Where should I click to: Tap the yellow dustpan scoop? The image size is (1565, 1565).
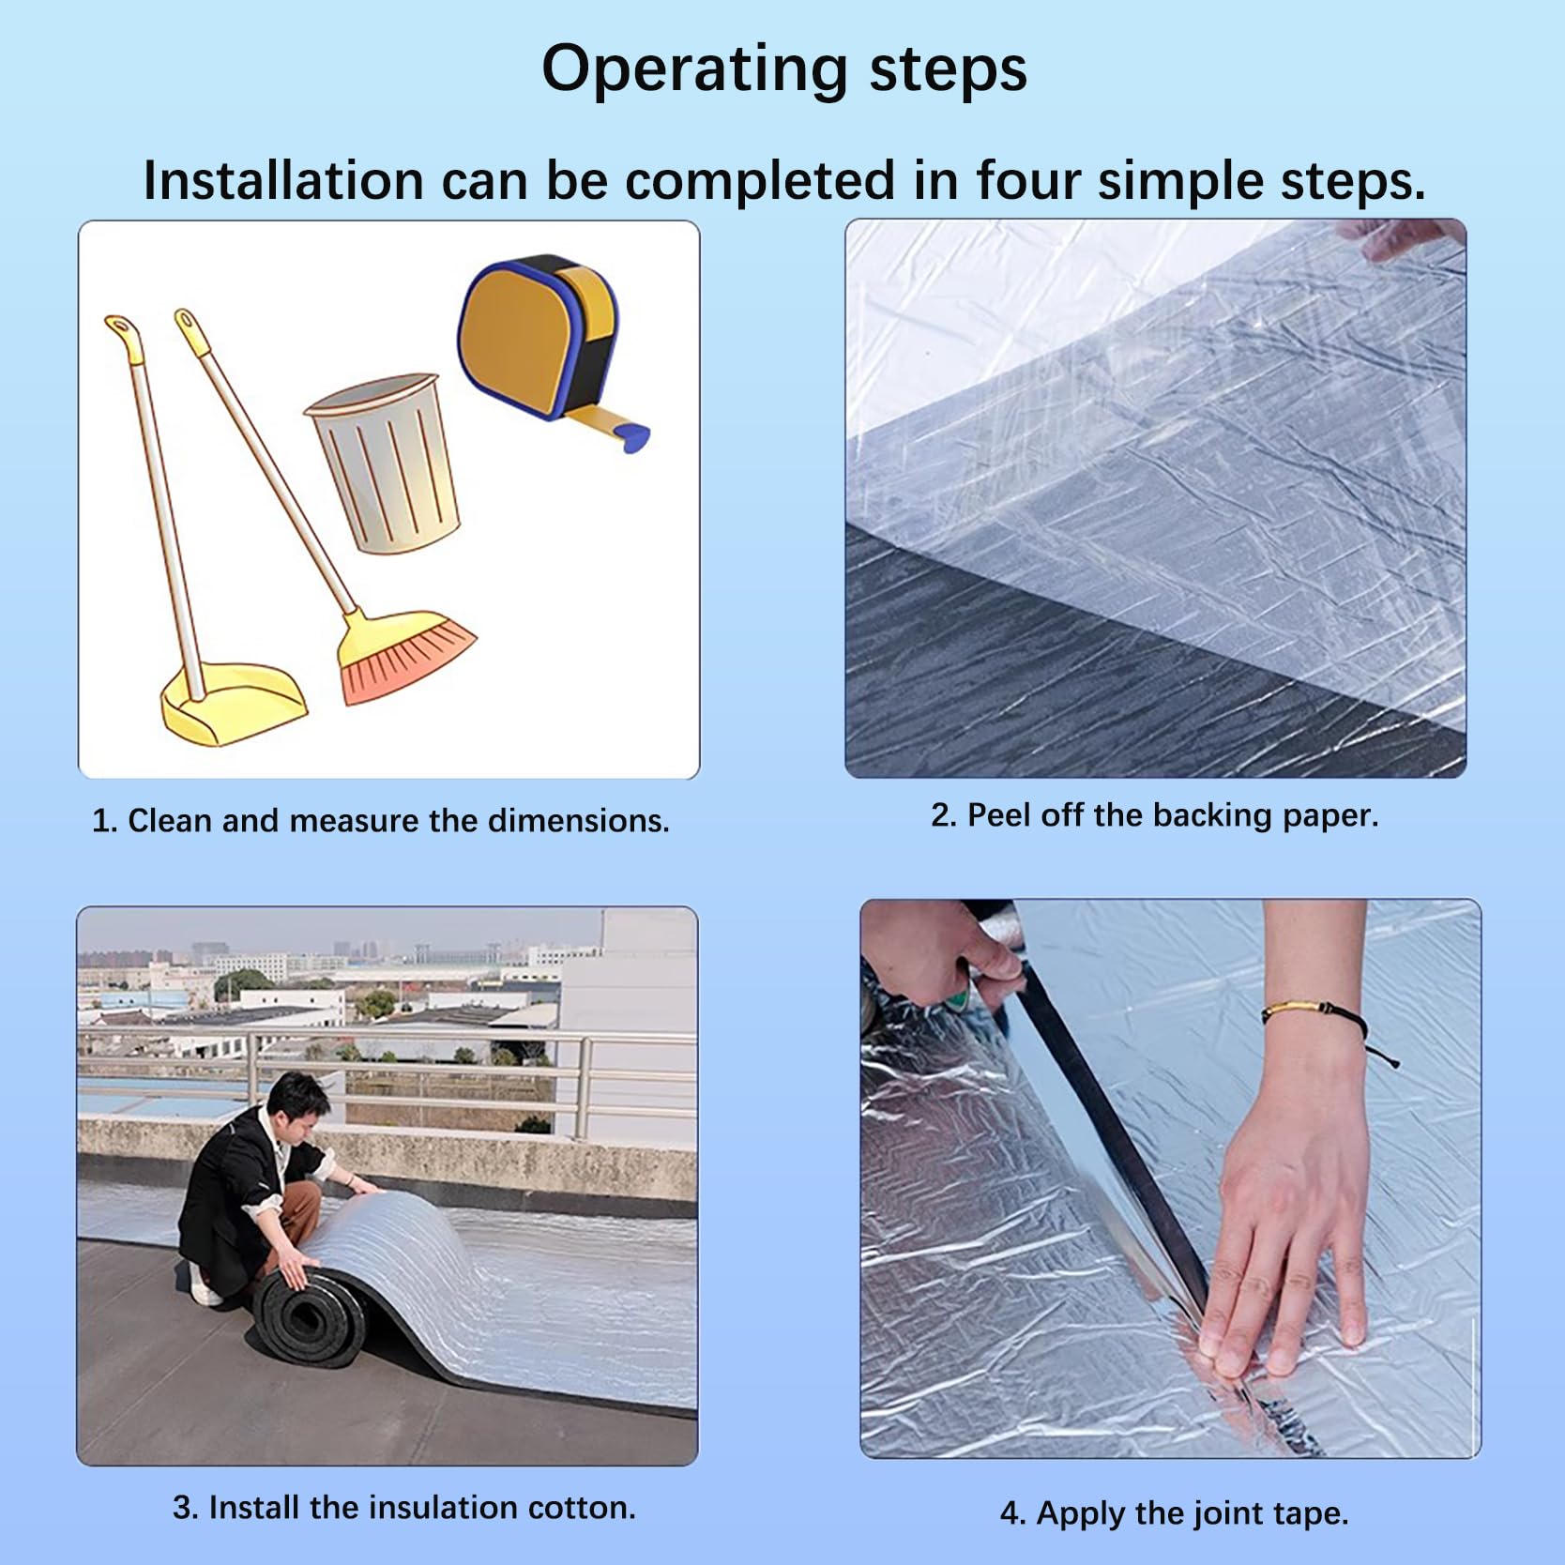(234, 703)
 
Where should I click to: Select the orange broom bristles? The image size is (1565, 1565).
(407, 656)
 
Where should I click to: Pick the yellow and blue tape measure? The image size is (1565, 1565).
(549, 347)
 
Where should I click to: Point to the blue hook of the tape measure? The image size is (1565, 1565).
(633, 435)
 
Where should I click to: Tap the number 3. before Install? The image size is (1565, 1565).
(185, 1508)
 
